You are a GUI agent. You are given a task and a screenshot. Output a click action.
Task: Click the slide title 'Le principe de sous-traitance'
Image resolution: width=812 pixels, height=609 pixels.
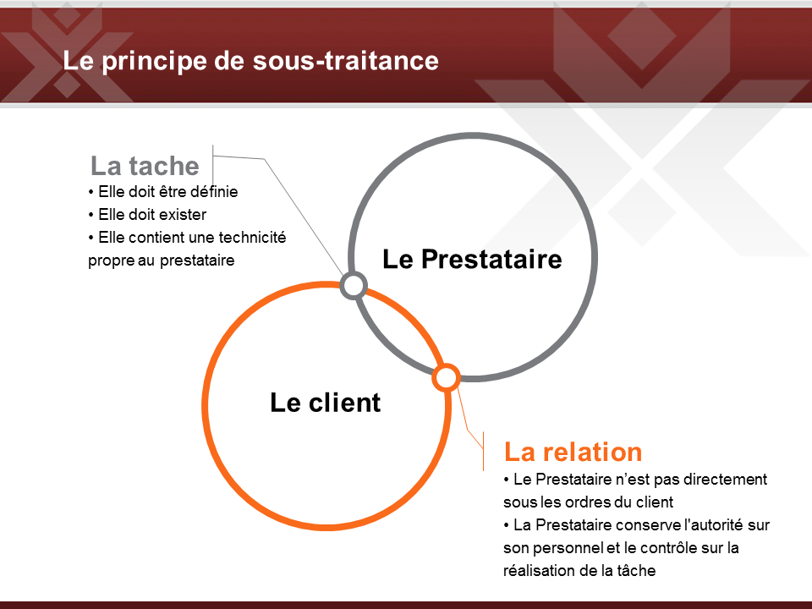coord(250,61)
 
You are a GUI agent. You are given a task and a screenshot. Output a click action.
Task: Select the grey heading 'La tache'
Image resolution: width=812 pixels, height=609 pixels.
coord(145,166)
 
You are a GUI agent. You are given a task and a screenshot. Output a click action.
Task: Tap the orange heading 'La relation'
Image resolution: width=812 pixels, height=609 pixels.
coord(573,452)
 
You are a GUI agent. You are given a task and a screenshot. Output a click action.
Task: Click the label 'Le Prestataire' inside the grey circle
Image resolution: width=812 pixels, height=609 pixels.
coord(472,259)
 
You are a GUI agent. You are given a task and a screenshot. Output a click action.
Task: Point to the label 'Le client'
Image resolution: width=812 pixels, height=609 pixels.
coord(325,403)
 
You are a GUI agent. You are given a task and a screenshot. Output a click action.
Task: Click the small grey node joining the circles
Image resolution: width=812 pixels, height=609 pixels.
coord(354,285)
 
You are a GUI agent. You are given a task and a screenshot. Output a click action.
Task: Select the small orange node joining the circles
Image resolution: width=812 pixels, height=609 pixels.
coord(446,377)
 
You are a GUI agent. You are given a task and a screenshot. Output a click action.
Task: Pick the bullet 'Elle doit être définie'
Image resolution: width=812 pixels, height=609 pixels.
coord(163,192)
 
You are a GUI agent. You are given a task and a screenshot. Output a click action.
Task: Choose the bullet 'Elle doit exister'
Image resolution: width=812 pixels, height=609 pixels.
coord(147,214)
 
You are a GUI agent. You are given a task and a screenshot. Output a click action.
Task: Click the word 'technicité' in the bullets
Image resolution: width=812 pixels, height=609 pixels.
coord(253,237)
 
